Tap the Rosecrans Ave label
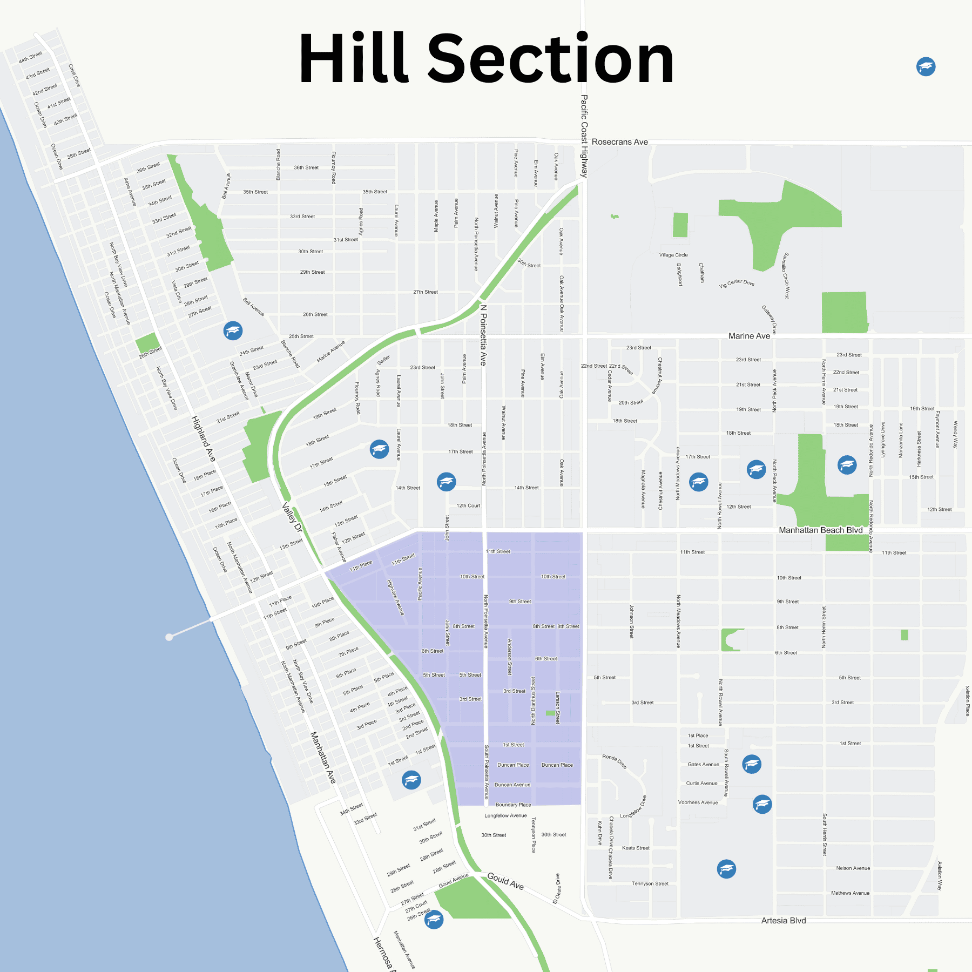pyautogui.click(x=619, y=142)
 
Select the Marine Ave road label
pyautogui.click(x=749, y=336)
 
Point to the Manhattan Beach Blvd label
pyautogui.click(x=820, y=530)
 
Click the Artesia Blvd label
pyautogui.click(x=783, y=921)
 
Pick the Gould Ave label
pyautogui.click(x=505, y=881)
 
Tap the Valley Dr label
pyautogui.click(x=292, y=518)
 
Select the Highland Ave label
pyautogui.click(x=204, y=438)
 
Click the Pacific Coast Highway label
pyautogui.click(x=584, y=136)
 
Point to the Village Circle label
pyautogui.click(x=673, y=255)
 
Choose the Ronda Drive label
pyautogui.click(x=614, y=761)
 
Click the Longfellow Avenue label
pyautogui.click(x=505, y=815)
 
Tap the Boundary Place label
pyautogui.click(x=513, y=805)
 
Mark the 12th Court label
pyautogui.click(x=468, y=506)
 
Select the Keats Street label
pyautogui.click(x=636, y=848)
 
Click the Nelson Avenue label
pyautogui.click(x=853, y=868)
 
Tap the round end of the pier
pyautogui.click(x=169, y=637)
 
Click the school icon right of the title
pyautogui.click(x=926, y=67)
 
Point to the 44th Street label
pyautogui.click(x=30, y=57)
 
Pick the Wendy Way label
pyautogui.click(x=955, y=435)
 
